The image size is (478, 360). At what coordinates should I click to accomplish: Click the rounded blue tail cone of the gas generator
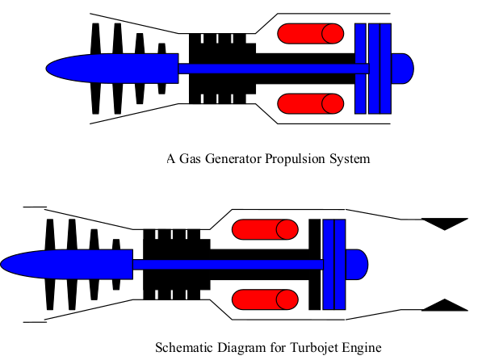pos(403,68)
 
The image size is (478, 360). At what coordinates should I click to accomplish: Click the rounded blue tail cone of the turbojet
pos(358,264)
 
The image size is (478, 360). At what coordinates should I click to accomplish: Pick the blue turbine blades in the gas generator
pos(373,68)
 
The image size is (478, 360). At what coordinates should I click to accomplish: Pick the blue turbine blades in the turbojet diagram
pos(333,264)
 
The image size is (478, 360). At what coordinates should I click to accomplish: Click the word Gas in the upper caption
pos(188,159)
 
